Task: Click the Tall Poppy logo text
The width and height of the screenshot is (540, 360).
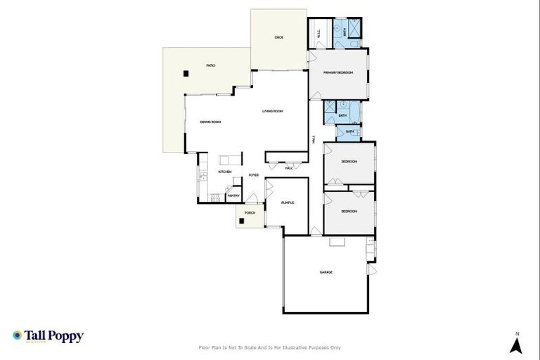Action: [x=53, y=336]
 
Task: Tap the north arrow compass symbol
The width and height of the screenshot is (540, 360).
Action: [x=516, y=345]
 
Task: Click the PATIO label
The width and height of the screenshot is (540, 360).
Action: [x=210, y=65]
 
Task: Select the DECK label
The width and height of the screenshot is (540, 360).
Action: [x=278, y=37]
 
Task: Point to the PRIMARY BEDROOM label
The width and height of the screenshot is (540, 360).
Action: [x=337, y=73]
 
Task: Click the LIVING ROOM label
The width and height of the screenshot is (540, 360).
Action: [x=272, y=111]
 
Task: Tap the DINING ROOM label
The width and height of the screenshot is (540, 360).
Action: [x=210, y=122]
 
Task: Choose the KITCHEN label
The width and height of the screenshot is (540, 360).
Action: [x=225, y=172]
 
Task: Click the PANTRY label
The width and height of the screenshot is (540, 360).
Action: [x=234, y=195]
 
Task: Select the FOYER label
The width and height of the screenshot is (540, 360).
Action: [x=253, y=174]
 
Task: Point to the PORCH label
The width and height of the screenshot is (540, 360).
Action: [x=250, y=212]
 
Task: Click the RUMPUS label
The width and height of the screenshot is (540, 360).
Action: [x=286, y=202]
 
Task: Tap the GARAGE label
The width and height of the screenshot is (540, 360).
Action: [x=326, y=272]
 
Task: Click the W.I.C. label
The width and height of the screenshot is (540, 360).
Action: [x=319, y=33]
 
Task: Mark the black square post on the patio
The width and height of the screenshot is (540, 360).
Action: [x=186, y=72]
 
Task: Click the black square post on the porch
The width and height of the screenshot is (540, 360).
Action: [x=242, y=221]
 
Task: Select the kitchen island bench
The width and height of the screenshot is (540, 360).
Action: [x=230, y=160]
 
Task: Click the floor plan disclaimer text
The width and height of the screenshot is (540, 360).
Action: [x=270, y=347]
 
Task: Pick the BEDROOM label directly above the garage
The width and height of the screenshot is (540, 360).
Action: [x=349, y=211]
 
